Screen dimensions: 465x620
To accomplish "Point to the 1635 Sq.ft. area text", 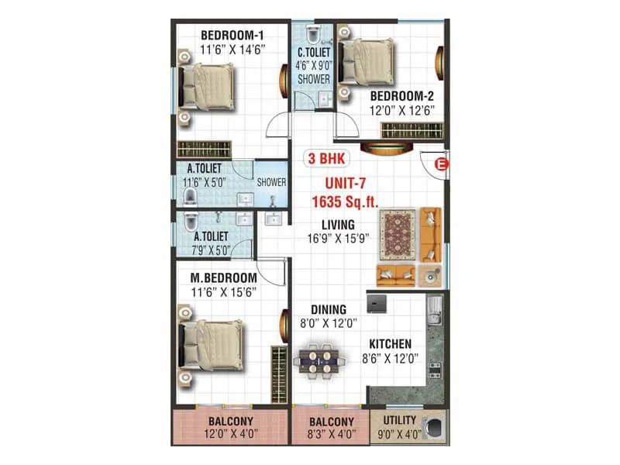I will click(x=344, y=201).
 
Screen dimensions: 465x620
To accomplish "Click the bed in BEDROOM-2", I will click(x=366, y=60).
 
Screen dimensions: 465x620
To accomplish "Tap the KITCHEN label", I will click(x=390, y=344).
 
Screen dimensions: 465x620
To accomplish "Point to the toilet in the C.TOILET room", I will click(x=313, y=34).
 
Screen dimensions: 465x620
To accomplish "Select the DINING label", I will click(x=329, y=310).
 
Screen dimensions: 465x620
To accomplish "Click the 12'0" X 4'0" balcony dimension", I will click(x=230, y=434).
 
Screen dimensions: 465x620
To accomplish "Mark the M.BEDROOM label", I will click(x=223, y=277).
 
